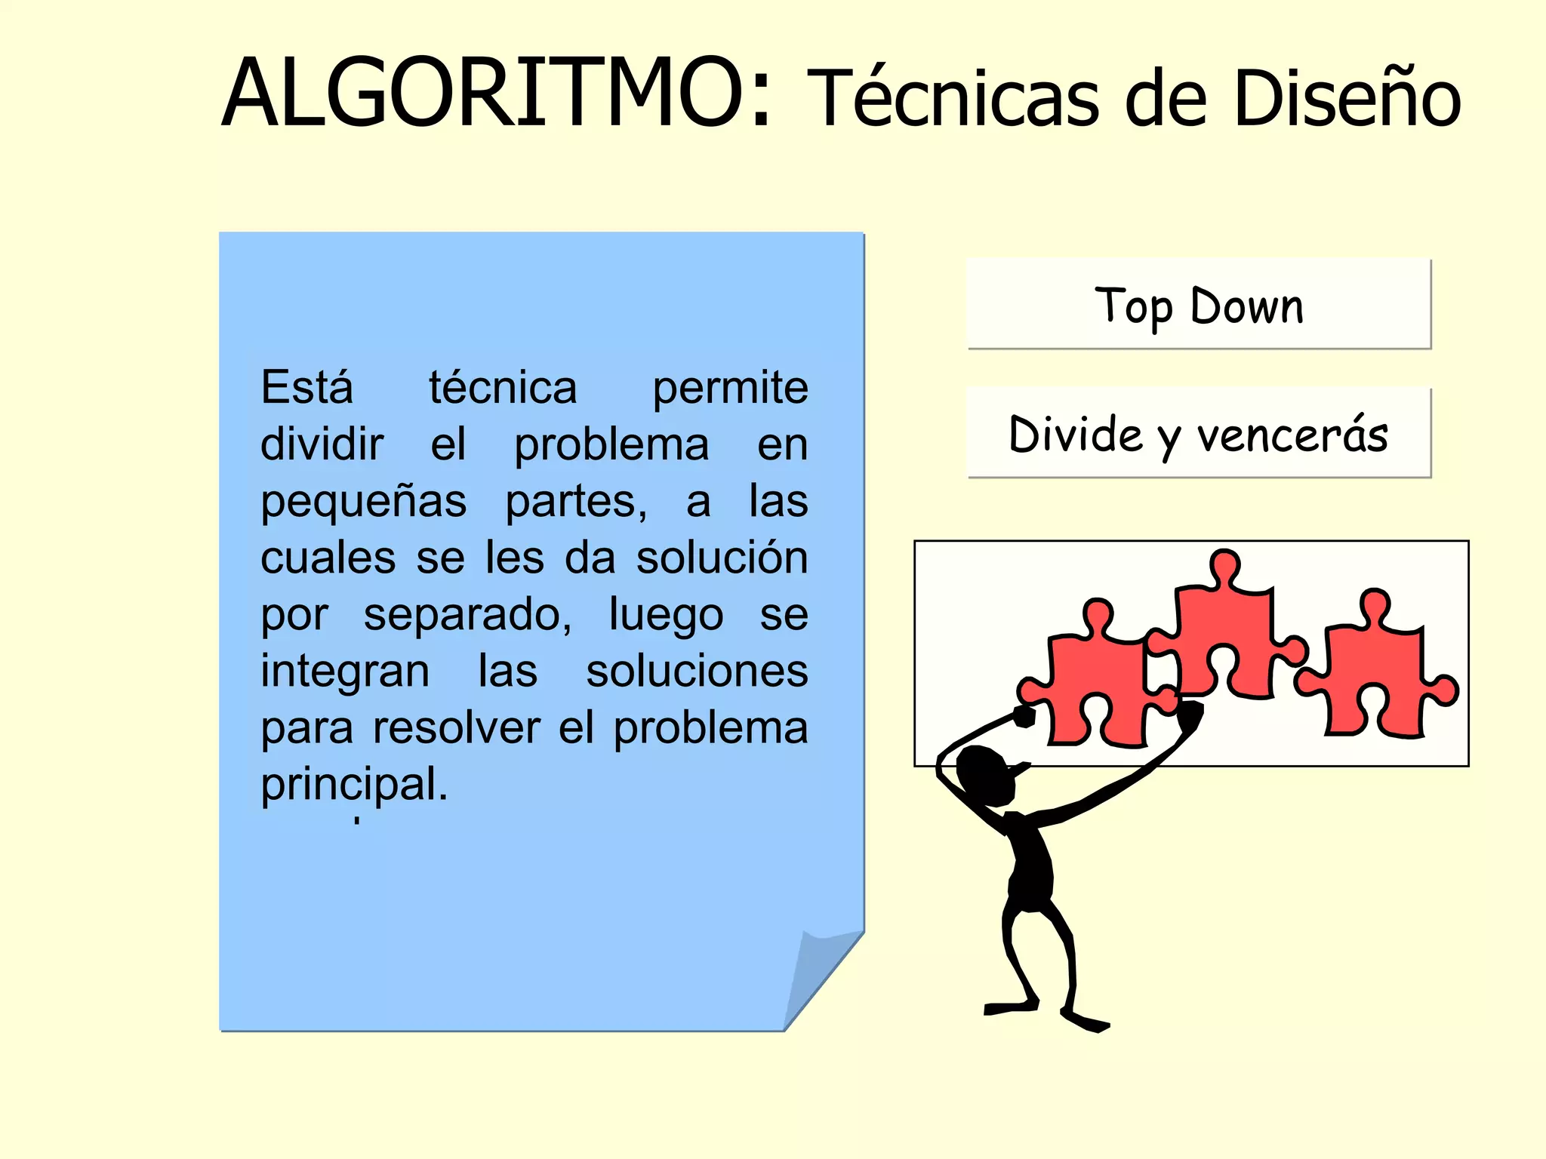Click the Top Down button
coord(1199,304)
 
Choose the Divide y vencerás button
coord(1199,433)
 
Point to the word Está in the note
coord(306,388)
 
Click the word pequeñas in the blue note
coord(363,503)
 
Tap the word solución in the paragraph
coord(722,558)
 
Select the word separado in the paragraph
coord(467,615)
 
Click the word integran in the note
coord(345,672)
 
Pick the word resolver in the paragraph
coord(456,728)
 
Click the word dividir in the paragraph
coord(322,444)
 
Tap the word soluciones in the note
coord(697,672)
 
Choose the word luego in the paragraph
coord(666,615)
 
